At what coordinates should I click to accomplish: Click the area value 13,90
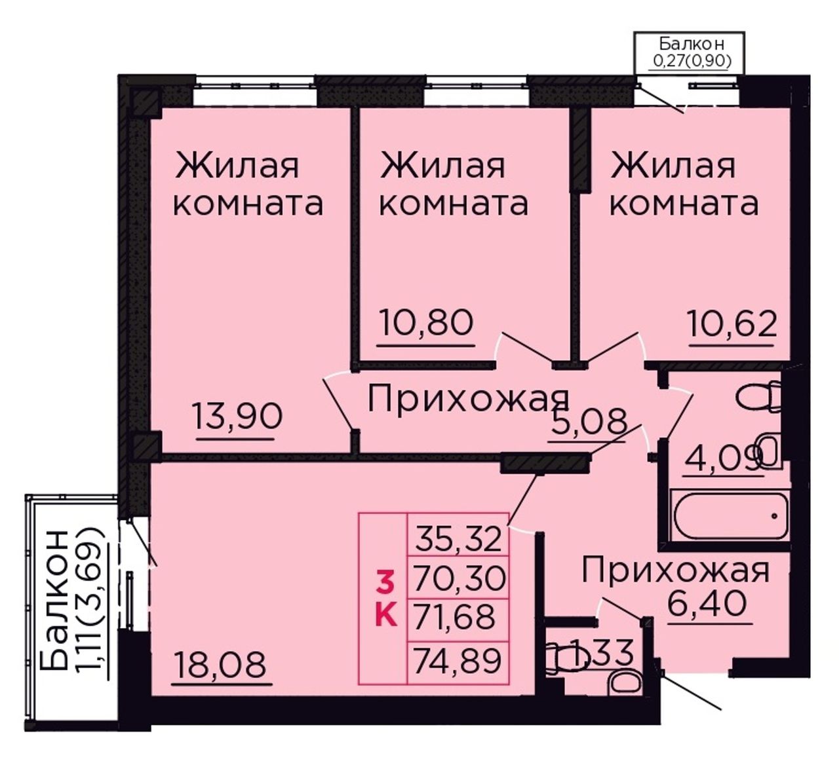[x=237, y=417]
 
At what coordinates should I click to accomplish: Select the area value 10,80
[x=426, y=323]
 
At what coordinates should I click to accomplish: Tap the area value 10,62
[x=732, y=324]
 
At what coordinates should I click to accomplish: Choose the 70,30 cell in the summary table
[x=458, y=579]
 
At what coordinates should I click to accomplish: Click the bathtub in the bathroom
[x=731, y=515]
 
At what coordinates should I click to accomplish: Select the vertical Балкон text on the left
[x=54, y=601]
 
